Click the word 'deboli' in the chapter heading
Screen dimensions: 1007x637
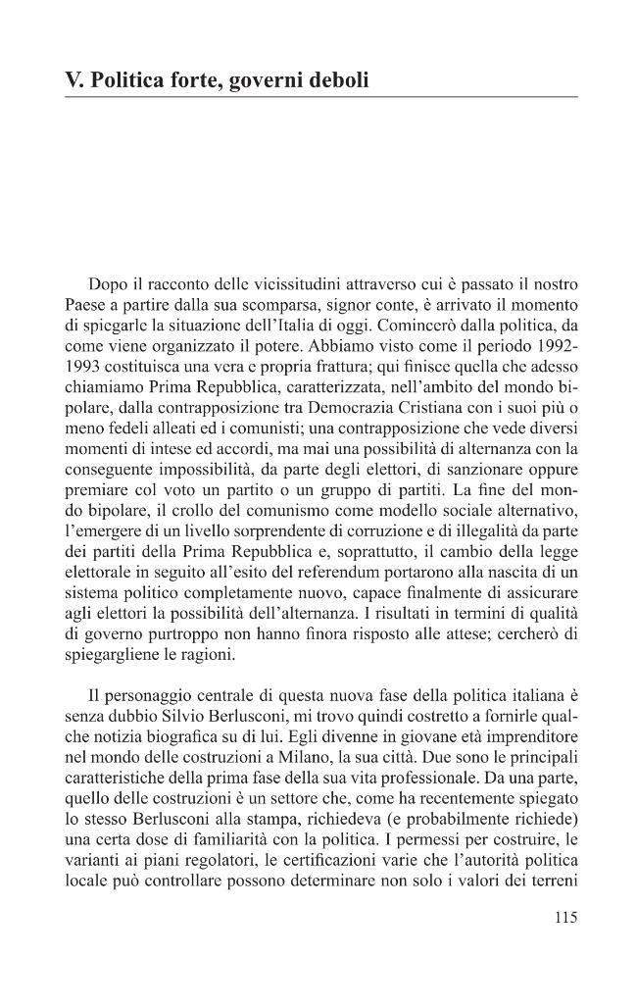click(334, 80)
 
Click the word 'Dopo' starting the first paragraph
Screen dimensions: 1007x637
click(108, 284)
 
